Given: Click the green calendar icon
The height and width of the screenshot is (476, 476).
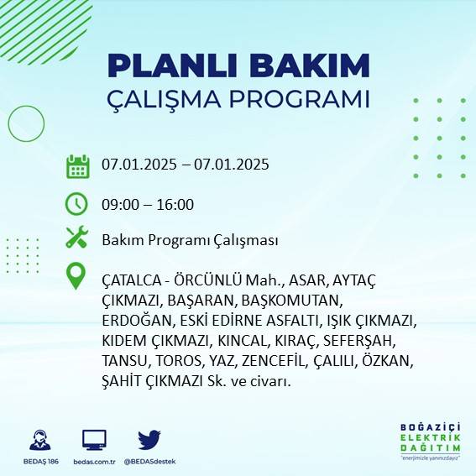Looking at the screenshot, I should (77, 165).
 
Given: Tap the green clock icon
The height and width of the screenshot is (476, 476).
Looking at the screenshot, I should (77, 203).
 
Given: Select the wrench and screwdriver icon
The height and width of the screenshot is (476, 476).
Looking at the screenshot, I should (77, 238).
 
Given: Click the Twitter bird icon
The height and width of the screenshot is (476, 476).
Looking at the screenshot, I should (149, 439).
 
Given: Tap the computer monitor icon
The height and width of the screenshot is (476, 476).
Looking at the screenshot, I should (94, 439).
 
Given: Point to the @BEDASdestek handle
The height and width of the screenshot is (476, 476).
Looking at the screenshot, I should (149, 462).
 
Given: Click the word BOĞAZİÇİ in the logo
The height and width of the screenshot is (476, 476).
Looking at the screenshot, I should (431, 426).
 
